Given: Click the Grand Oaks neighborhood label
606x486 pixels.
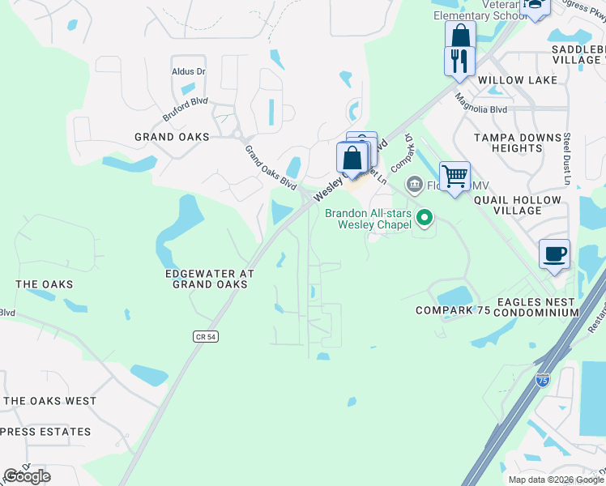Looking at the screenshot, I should (172, 137).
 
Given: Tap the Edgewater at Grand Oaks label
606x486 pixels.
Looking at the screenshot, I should (210, 279).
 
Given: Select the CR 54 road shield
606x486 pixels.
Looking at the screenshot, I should (206, 336).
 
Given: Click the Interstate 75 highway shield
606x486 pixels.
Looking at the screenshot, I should (542, 379).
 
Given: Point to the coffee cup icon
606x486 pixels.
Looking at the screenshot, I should (555, 254).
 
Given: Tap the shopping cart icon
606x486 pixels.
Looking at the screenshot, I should (455, 176).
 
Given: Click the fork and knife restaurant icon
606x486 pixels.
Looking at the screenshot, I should (459, 61).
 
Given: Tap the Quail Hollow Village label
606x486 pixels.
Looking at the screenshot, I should (518, 205).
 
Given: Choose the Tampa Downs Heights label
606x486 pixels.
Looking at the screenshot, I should (519, 143).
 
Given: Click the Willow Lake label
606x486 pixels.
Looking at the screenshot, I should (518, 80).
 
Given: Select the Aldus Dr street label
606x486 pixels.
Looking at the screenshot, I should (189, 71).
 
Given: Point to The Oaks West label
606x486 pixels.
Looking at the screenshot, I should (50, 401).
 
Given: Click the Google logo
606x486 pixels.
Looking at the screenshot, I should (28, 476).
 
